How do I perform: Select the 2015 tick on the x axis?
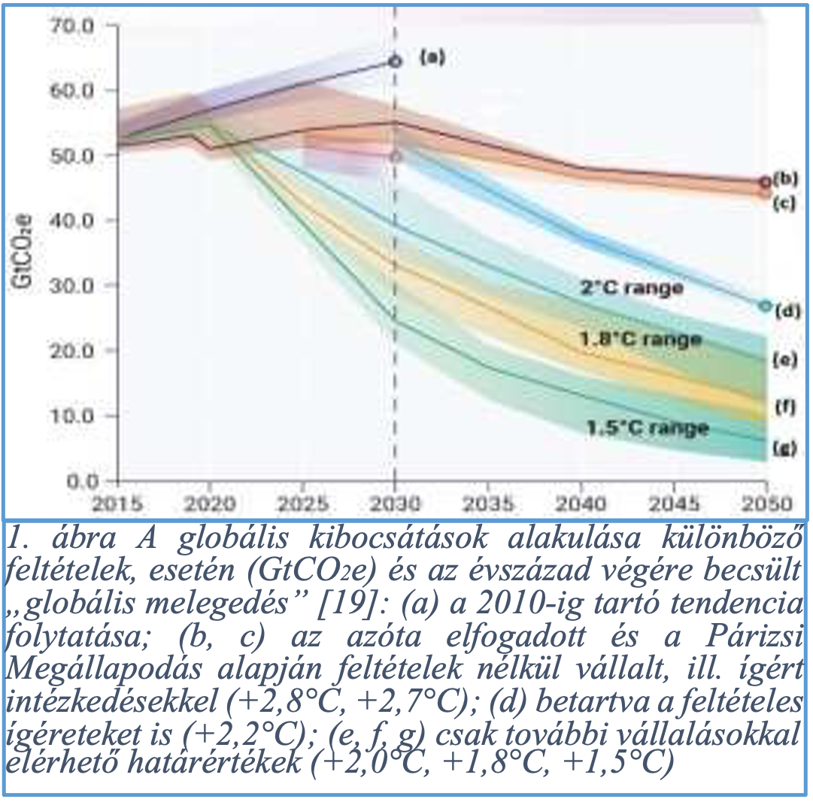click(118, 502)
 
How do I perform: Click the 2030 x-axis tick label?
click(395, 502)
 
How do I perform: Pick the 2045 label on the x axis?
click(673, 502)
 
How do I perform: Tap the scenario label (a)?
click(432, 56)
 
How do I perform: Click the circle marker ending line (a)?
click(395, 61)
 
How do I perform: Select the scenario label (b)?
click(785, 180)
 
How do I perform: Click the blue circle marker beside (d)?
click(765, 306)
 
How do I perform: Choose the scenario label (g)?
click(785, 449)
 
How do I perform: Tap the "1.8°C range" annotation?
click(640, 339)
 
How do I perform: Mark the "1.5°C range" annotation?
click(648, 428)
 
